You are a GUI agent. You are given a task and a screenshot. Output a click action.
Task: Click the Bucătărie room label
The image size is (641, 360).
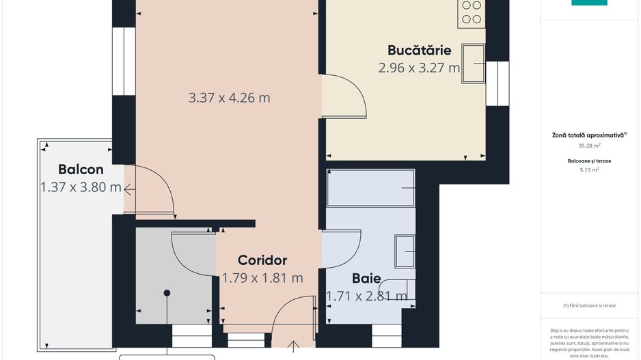(x=419, y=50)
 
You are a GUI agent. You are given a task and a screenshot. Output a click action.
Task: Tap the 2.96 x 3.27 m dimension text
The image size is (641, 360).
(x=419, y=68)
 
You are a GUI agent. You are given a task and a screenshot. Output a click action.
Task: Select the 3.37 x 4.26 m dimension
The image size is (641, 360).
(x=229, y=98)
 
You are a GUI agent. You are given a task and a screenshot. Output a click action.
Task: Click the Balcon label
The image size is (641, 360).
(x=81, y=169)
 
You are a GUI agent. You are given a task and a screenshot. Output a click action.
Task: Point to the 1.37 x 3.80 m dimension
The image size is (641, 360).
(x=81, y=187)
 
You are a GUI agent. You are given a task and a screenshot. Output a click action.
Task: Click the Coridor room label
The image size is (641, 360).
(x=262, y=260)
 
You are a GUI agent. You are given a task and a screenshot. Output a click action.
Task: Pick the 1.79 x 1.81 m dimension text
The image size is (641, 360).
(x=262, y=278)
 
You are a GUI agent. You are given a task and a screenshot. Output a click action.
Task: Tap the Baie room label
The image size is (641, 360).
(x=366, y=278)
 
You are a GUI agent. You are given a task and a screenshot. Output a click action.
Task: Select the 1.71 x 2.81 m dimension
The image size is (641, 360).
(x=366, y=296)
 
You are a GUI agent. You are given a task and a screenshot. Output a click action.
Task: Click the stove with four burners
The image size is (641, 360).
(x=472, y=13)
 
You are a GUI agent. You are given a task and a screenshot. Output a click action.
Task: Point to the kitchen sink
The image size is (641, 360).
(x=473, y=64)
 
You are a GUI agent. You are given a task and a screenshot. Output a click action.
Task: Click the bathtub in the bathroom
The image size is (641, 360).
(x=371, y=188)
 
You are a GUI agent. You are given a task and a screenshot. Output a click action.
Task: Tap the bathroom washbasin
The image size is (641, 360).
(x=405, y=252)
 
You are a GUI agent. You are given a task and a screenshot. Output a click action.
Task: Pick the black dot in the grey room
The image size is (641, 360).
(x=166, y=293)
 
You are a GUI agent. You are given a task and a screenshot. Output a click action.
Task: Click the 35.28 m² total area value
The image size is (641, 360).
(x=588, y=146)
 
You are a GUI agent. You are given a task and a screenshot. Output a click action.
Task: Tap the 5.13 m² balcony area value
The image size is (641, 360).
(x=588, y=170)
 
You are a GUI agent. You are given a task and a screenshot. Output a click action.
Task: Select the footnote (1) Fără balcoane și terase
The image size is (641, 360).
(x=588, y=305)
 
